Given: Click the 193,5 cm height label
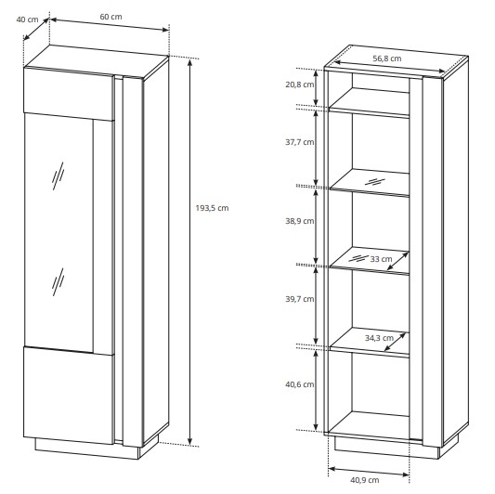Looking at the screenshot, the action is pos(212,208).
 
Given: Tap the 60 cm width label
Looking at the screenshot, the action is pos(111,17).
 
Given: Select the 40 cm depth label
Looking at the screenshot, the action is pos(28,19).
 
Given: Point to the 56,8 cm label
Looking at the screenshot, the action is pos(387,58).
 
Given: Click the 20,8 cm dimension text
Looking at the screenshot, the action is pos(300,84).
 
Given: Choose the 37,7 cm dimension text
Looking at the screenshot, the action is pos(300,142).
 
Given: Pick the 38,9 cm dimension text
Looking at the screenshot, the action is pos(300,221).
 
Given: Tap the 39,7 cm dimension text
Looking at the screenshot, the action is pos(300,299).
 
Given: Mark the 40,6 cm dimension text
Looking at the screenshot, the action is pos(300,384).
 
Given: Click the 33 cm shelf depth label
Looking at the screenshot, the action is pos(381,259).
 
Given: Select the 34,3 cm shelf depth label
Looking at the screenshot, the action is pos(379,338).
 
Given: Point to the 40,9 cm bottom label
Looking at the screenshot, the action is pos(365,480).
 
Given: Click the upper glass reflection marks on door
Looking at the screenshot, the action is pos(59,176).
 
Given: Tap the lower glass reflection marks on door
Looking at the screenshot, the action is pos(59,282).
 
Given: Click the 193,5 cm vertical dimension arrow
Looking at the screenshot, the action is pos(189,252).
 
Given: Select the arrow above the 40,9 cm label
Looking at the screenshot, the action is pos(369,472).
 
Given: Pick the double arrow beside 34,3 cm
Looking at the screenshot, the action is pos(395,342).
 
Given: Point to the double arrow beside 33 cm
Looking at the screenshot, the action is pos(397,261).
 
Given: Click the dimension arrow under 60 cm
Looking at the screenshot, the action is pos(110,25).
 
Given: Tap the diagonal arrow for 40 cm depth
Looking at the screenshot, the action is pos(36,30).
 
